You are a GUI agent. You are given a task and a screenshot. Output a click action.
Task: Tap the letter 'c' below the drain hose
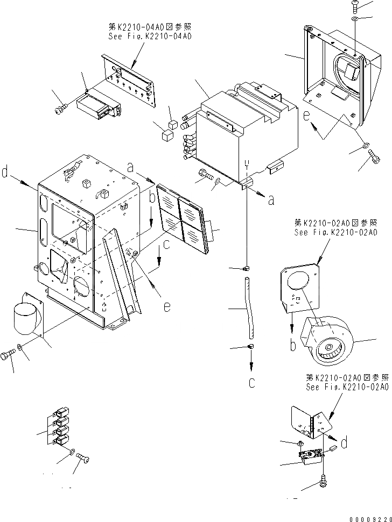pyautogui.click(x=251, y=383)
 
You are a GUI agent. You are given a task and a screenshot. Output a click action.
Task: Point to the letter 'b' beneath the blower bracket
pyautogui.click(x=292, y=344)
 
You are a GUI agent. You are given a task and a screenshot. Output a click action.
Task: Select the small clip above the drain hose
pyautogui.click(x=246, y=267)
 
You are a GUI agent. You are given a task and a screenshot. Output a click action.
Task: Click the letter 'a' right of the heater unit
pyautogui.click(x=271, y=200)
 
